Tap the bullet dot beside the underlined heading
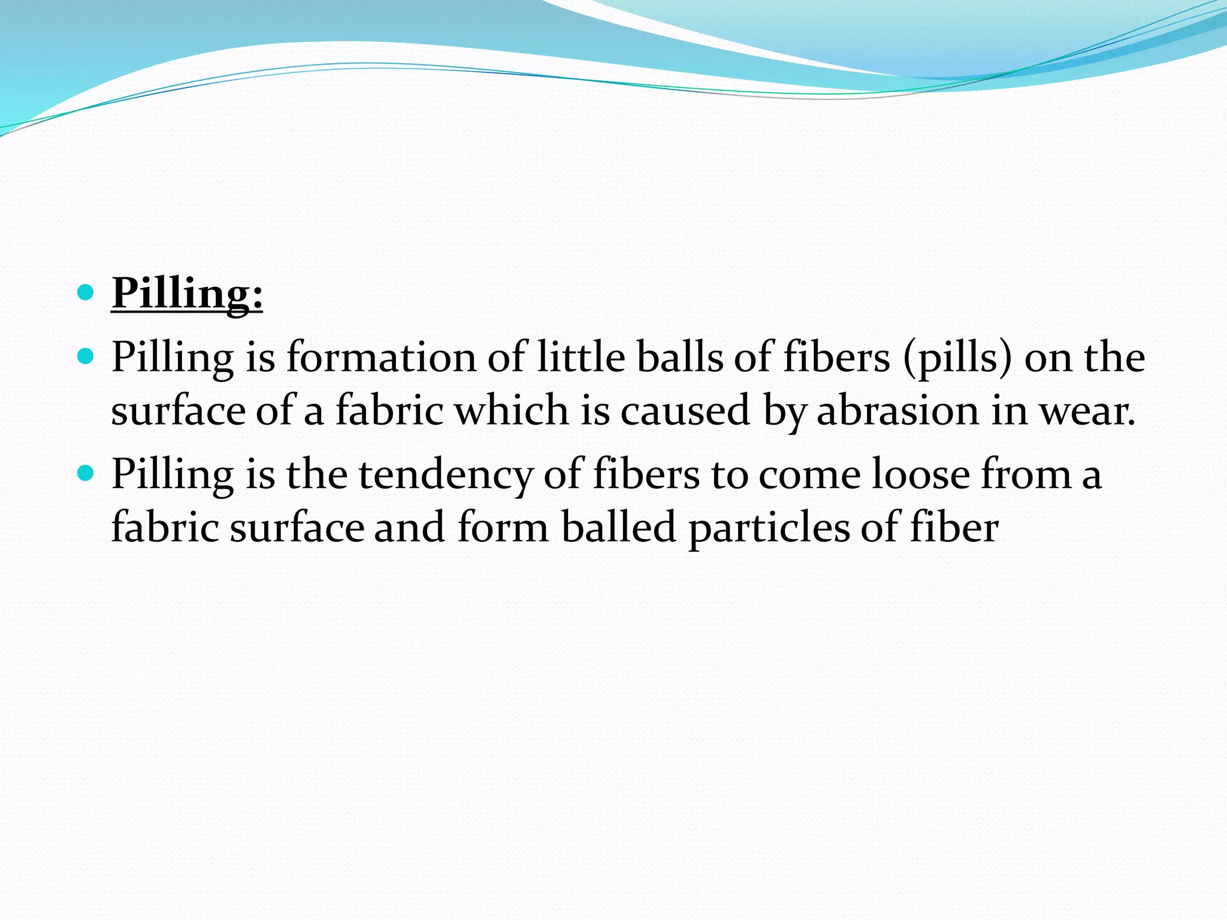(x=86, y=293)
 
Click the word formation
(x=381, y=357)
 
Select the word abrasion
(x=897, y=411)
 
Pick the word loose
(x=920, y=474)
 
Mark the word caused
(x=685, y=411)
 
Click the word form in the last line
(x=503, y=527)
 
